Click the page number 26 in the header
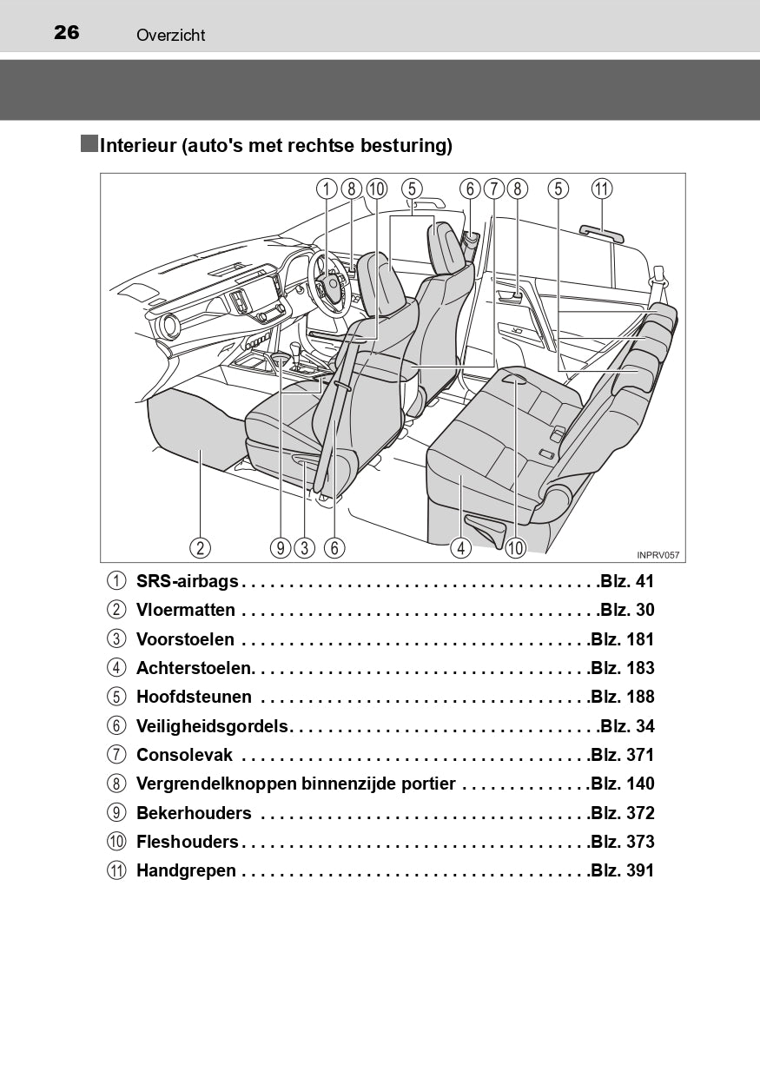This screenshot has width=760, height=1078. [66, 33]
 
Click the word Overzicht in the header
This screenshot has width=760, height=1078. [170, 35]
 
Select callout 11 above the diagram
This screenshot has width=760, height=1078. [602, 188]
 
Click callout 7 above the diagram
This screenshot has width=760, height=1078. [494, 188]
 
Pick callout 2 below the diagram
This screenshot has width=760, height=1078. [201, 547]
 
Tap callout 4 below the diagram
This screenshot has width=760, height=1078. [460, 547]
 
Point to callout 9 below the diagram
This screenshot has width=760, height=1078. [281, 547]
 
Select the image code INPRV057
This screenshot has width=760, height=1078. [658, 555]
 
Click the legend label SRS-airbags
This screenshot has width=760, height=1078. [188, 581]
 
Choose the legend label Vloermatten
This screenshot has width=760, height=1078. [186, 610]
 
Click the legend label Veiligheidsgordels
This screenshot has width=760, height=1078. [212, 726]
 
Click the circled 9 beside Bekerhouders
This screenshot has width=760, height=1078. [116, 813]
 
